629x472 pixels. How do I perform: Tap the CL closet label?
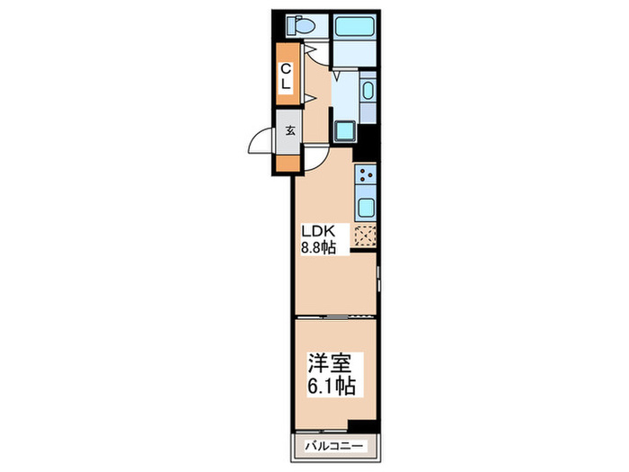286,76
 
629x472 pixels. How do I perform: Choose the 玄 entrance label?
290,129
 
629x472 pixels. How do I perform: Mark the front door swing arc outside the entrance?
261,142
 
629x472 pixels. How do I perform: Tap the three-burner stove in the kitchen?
366,174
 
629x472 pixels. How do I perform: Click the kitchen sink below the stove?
366,208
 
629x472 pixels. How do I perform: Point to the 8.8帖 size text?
318,247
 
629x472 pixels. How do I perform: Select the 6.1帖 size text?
331,388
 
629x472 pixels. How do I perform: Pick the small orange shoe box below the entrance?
288,163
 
